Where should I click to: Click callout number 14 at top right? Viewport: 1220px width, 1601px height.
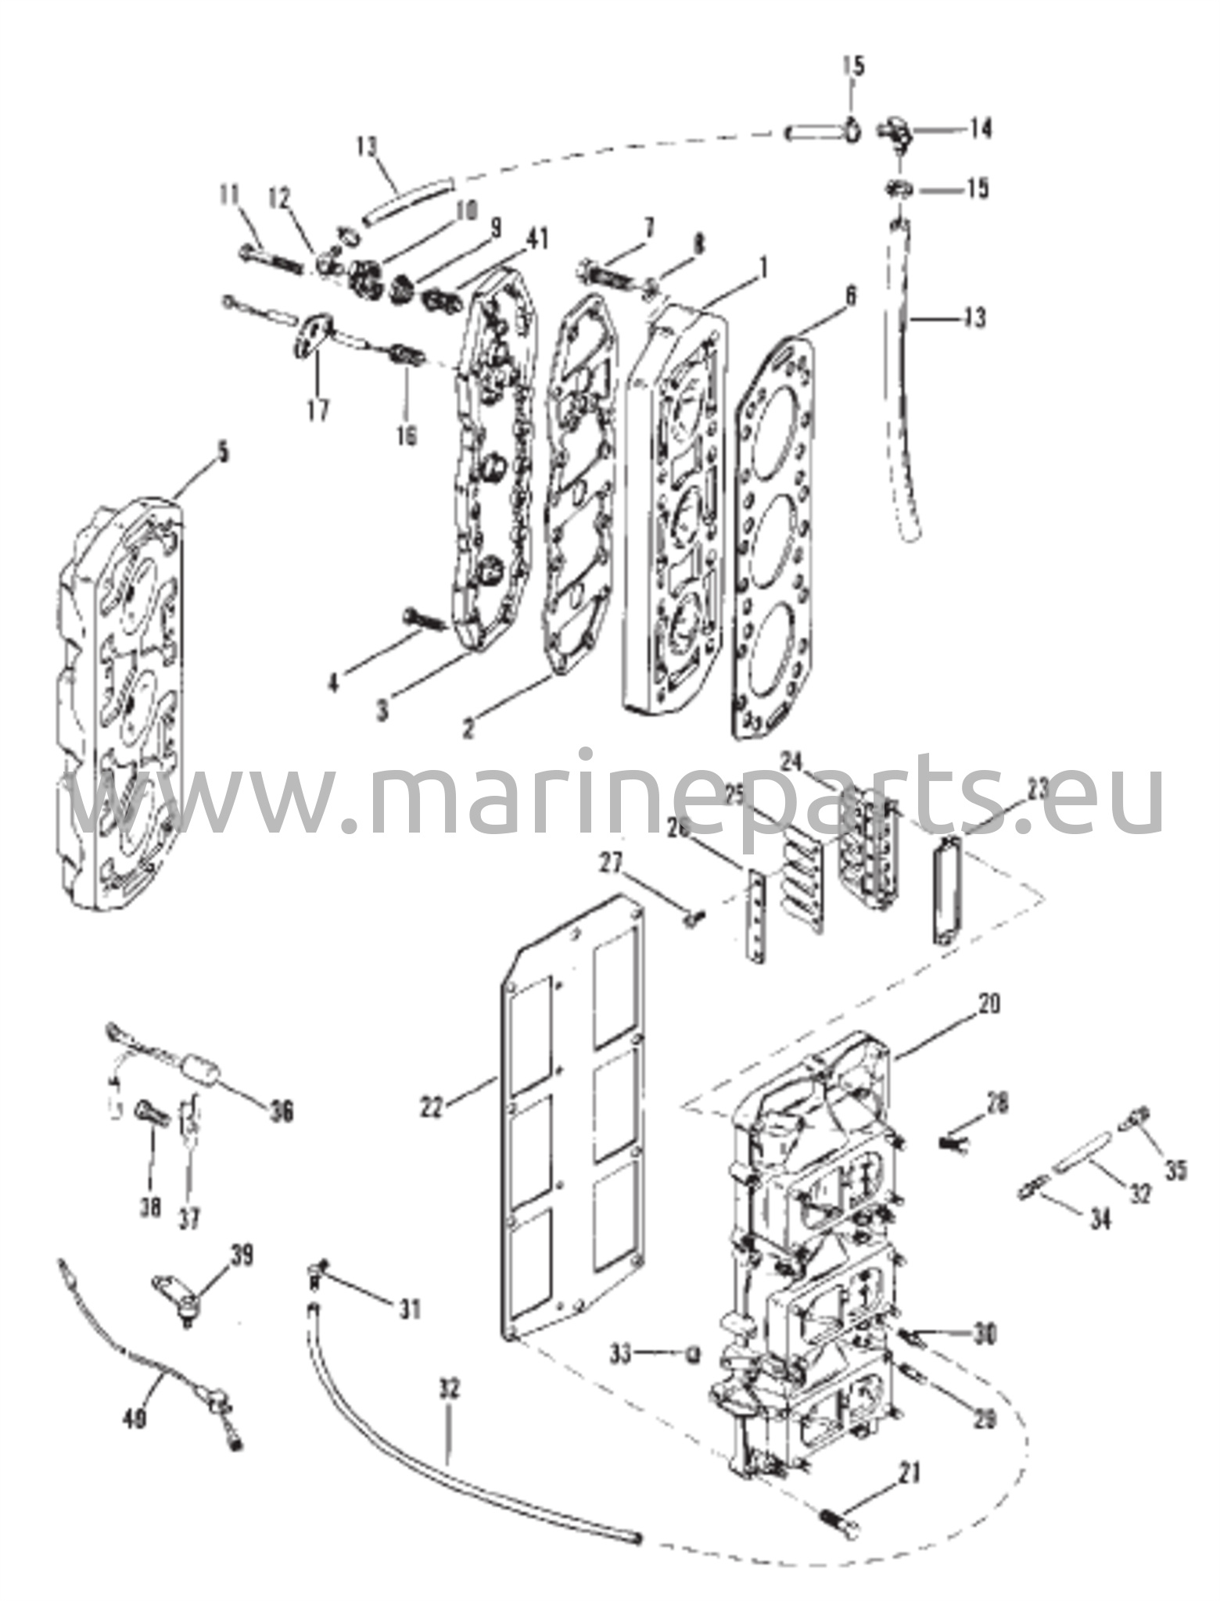(979, 127)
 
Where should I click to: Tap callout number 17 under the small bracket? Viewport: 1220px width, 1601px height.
(318, 409)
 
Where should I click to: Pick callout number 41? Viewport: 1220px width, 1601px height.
(539, 238)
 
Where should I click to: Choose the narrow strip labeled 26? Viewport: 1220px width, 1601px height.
(755, 914)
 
